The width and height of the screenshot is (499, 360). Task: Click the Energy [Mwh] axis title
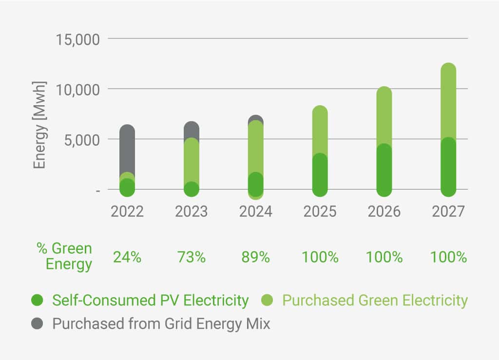(40, 125)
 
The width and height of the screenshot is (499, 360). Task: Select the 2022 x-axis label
(127, 212)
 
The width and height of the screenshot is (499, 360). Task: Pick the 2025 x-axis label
(320, 212)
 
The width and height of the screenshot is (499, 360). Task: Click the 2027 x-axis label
(448, 212)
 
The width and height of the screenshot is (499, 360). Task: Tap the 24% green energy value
(127, 257)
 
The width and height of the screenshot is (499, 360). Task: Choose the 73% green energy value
(191, 257)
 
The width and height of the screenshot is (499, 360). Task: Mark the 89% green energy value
(255, 257)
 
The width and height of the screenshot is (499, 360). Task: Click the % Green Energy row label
(64, 256)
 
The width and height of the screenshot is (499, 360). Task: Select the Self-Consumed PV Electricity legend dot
(39, 301)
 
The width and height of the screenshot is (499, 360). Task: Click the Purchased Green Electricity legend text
(375, 301)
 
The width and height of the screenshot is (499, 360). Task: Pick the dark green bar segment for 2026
(384, 171)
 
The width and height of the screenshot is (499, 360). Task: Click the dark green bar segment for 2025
(320, 175)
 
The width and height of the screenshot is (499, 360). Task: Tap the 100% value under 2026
(384, 257)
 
